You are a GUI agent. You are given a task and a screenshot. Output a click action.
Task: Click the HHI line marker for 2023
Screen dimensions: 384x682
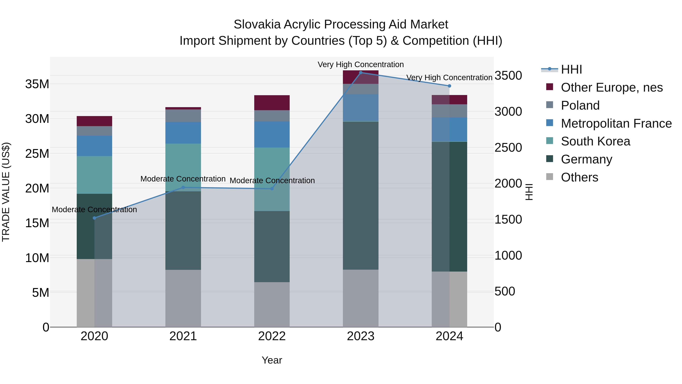coord(360,73)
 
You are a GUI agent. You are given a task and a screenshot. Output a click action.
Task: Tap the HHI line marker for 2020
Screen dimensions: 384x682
coord(95,218)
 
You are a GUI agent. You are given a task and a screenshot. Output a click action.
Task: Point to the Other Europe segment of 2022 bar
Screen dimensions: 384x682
coord(272,103)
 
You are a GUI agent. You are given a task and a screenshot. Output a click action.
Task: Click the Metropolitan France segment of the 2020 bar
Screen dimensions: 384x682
coord(95,146)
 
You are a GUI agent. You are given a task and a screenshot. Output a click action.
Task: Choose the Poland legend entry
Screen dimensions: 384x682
coord(580,105)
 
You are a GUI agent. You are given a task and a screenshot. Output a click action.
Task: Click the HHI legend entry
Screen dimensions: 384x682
coord(571,69)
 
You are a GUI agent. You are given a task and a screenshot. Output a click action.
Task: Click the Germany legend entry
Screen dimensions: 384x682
coord(586,159)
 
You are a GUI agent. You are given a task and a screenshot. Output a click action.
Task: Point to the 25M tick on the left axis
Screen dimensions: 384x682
coord(37,154)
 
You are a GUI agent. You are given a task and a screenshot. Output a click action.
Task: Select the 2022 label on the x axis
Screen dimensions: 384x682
coord(272,336)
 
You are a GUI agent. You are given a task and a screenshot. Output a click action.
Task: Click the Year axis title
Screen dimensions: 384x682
coord(272,360)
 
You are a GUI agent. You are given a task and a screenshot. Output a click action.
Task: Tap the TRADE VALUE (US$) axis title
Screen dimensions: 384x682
coord(6,192)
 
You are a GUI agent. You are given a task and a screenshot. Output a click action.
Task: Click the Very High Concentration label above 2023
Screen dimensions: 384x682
coord(360,64)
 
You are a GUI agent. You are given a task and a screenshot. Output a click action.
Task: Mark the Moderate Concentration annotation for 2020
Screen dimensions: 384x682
coord(95,209)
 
